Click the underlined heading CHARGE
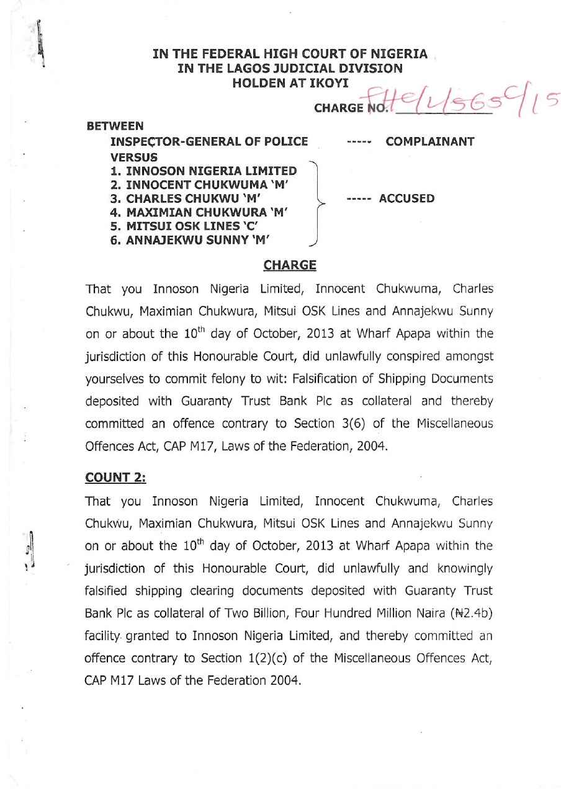pos(290,265)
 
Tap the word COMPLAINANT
pos(429,142)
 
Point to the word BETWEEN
pos(115,127)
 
